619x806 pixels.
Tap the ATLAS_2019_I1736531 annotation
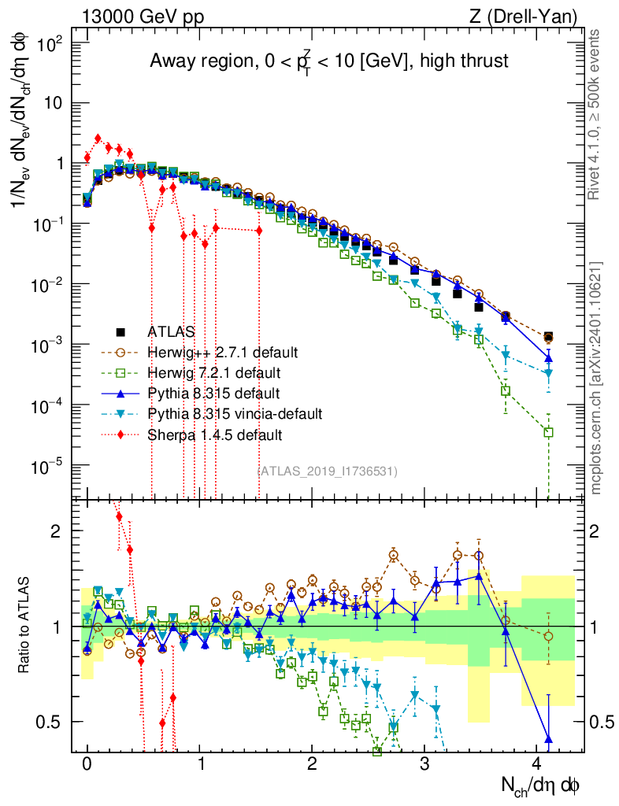(328, 471)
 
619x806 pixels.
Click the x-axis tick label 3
(424, 764)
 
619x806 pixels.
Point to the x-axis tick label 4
(537, 764)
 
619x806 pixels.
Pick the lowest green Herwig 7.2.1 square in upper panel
(549, 432)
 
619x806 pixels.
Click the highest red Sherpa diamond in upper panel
(98, 139)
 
